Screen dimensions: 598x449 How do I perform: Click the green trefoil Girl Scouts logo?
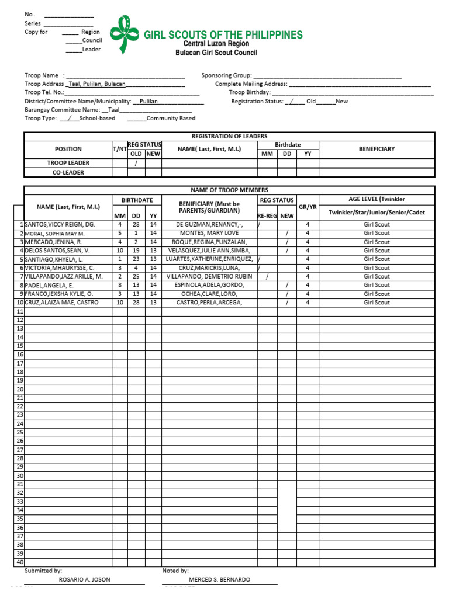click(x=126, y=34)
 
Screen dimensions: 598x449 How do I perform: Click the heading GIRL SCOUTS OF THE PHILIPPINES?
click(x=223, y=35)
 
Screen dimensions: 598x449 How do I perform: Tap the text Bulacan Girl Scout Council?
click(x=216, y=53)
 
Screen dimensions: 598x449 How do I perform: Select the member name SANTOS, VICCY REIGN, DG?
click(x=60, y=224)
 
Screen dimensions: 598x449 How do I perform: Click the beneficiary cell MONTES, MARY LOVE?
click(x=209, y=233)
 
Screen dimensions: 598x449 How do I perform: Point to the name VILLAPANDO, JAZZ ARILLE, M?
click(x=64, y=276)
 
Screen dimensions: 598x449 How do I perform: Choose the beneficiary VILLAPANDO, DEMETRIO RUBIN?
click(x=209, y=276)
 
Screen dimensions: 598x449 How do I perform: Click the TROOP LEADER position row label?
click(x=68, y=163)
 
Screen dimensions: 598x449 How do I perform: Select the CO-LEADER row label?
click(x=68, y=172)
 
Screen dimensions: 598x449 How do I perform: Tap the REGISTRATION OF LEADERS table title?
click(x=229, y=136)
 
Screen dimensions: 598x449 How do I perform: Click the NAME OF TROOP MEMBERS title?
click(x=229, y=190)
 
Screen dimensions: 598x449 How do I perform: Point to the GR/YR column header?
click(x=308, y=207)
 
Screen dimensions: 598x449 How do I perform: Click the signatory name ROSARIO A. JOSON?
click(x=85, y=579)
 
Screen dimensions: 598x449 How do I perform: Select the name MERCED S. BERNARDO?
click(x=219, y=579)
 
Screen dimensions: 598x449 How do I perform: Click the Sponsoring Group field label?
click(x=226, y=75)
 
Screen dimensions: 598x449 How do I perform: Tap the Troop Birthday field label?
click(x=249, y=92)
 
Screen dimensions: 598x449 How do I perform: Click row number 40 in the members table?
click(x=20, y=562)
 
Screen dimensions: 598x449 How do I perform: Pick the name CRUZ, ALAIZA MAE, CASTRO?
click(x=62, y=303)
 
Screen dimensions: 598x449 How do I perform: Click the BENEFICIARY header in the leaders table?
click(x=377, y=149)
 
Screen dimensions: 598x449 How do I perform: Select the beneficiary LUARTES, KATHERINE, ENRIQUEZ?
click(x=209, y=259)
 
